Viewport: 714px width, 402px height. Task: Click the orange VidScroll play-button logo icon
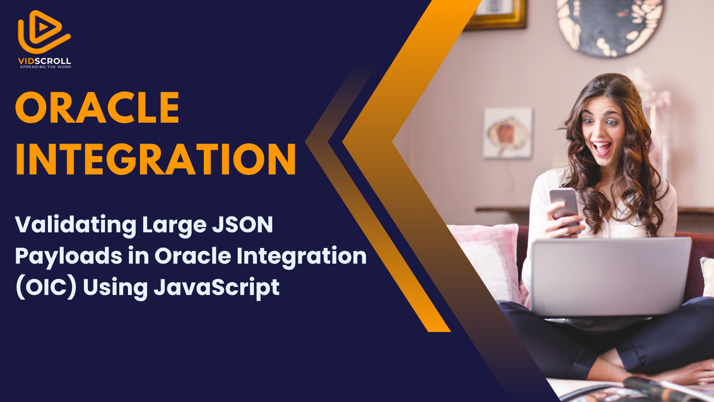pos(44,32)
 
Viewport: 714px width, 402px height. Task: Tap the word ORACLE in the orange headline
pos(97,107)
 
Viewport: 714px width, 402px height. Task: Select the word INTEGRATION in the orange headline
pos(156,159)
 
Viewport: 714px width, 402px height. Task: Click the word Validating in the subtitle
pos(76,225)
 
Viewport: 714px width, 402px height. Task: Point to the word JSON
pos(242,224)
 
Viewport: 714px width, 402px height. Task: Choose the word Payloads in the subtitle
pos(68,257)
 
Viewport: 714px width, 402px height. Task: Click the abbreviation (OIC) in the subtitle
pos(46,287)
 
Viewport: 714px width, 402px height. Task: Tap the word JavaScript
pos(216,288)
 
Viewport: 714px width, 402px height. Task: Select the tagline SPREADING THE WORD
pos(46,67)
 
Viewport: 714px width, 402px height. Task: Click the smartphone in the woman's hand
pos(565,207)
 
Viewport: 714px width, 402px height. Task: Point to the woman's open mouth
pos(601,148)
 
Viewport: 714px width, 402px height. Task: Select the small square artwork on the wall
pos(508,133)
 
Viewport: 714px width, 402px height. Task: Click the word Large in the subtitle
pos(174,225)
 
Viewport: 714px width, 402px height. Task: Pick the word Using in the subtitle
pos(115,288)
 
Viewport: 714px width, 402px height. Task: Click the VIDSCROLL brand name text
pos(44,61)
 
